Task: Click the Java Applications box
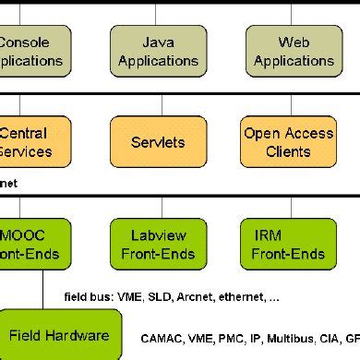(159, 52)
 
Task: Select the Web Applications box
(294, 52)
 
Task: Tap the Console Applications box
(32, 52)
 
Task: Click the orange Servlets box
(159, 142)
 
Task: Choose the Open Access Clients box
(287, 142)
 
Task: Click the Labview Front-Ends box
(159, 244)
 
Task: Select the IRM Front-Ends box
(287, 244)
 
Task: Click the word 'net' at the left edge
(8, 184)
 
